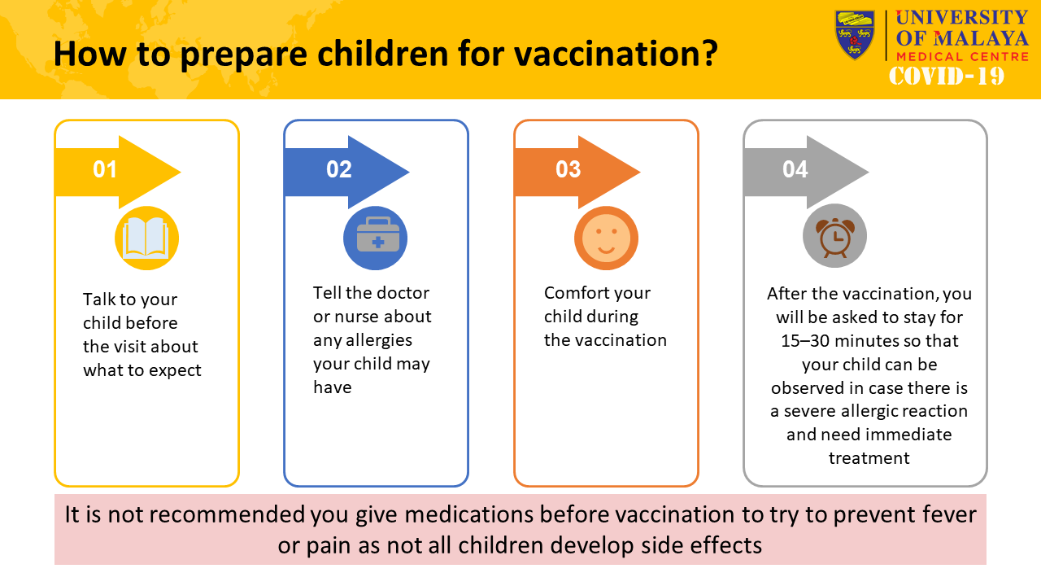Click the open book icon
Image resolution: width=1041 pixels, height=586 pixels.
[147, 238]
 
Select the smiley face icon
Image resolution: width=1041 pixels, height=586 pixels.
[606, 238]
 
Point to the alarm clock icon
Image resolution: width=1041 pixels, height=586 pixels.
[835, 237]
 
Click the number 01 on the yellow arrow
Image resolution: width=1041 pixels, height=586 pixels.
[105, 169]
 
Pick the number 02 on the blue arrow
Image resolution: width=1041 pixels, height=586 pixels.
[339, 169]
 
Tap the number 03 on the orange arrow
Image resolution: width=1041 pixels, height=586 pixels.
[568, 169]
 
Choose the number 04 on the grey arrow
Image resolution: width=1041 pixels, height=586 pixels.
[795, 169]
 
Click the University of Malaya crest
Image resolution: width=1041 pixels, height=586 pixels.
[855, 35]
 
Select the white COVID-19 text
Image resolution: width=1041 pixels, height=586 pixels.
[947, 76]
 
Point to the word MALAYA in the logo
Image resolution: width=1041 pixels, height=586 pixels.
[981, 38]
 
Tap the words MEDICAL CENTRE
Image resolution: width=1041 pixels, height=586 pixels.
[962, 57]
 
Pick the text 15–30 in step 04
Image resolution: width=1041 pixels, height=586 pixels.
[805, 341]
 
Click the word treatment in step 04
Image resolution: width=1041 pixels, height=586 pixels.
[869, 458]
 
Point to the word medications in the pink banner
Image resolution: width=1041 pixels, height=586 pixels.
[468, 514]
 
